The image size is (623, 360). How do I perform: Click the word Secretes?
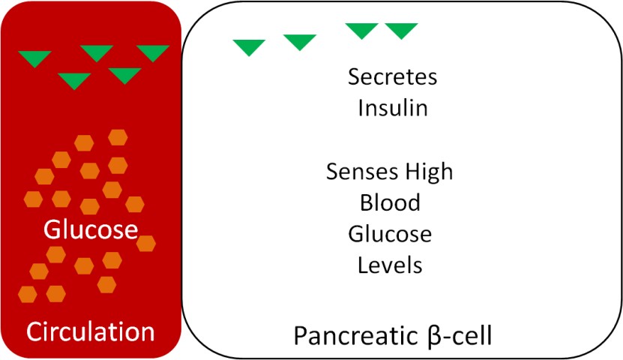coord(392,76)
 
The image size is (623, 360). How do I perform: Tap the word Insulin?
coord(392,108)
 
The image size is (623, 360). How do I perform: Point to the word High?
coord(430,172)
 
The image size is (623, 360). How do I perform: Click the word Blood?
coord(390,202)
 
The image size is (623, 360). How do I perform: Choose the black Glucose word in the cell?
coord(390,234)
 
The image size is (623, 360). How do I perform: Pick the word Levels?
coord(390,265)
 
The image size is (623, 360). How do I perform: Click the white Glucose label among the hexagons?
coord(91,229)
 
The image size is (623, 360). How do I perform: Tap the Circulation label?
coord(91,331)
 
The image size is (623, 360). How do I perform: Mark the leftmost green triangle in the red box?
coord(34,58)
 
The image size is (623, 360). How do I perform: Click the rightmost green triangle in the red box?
coord(153,52)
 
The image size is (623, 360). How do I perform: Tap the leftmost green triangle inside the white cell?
coord(249,46)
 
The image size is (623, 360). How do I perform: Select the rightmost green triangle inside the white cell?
coord(401,30)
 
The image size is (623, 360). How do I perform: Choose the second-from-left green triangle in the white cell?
coord(300,42)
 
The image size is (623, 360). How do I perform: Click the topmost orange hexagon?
coord(118,137)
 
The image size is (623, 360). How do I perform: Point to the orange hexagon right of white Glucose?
coord(146,243)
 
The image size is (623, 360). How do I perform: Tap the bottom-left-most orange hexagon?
coord(28,293)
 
